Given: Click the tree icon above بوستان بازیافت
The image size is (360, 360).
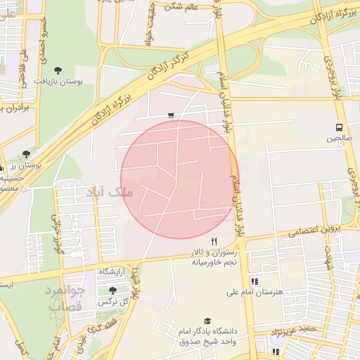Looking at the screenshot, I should [x=58, y=70].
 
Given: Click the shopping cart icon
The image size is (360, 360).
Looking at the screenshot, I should [x=171, y=115].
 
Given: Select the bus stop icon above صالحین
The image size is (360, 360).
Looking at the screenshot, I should [x=340, y=127].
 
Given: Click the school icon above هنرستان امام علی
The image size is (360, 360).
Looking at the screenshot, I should [x=254, y=281].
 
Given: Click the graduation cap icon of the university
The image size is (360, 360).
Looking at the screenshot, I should [x=206, y=321].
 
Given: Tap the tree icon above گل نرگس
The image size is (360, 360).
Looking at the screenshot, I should [x=112, y=290].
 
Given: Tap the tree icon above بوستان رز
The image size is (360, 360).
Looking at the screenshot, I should [x=27, y=153].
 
